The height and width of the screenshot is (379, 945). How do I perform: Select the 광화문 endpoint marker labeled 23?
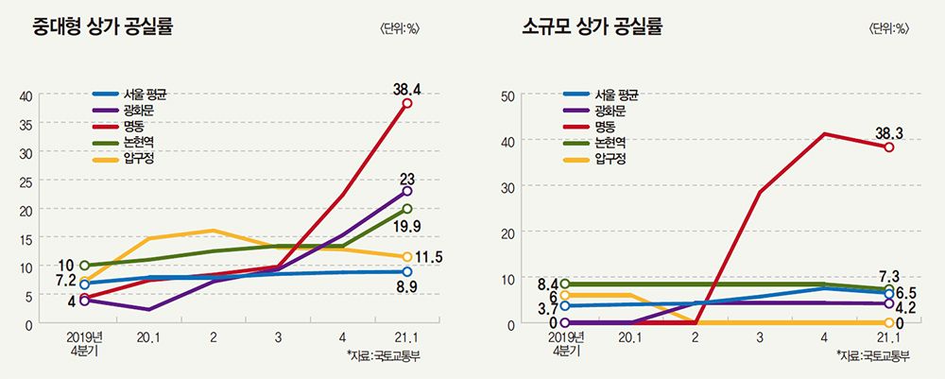point(407,192)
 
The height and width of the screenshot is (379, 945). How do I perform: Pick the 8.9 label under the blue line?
point(407,286)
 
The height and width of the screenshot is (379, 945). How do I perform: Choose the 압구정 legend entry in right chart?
point(610,158)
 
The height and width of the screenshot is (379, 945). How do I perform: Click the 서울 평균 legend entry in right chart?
point(616,95)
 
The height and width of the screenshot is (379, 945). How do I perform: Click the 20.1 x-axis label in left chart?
point(148,337)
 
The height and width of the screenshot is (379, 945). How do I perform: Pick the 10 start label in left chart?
point(66,265)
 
